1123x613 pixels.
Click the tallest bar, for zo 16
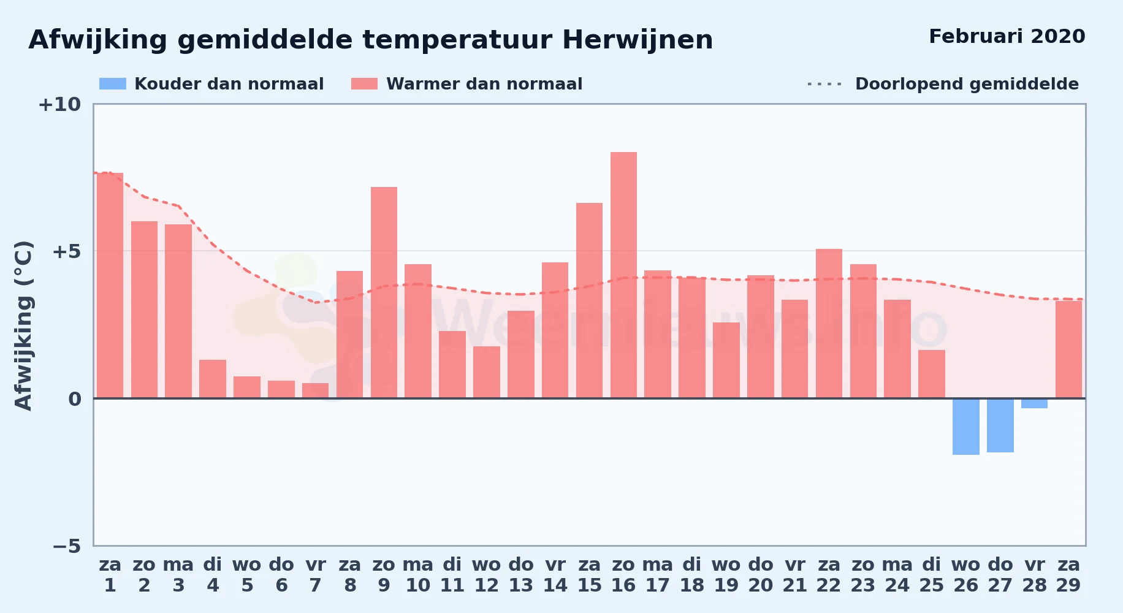(x=623, y=275)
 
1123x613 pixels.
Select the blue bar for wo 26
(x=965, y=427)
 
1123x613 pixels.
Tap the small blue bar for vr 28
(x=1034, y=403)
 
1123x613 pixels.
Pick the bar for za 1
(x=110, y=286)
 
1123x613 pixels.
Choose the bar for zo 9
(x=384, y=292)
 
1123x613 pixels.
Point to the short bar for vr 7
(x=316, y=390)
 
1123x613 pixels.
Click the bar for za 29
(x=1068, y=349)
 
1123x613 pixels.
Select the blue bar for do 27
(x=1000, y=425)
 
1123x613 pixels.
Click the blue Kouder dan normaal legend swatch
(x=113, y=84)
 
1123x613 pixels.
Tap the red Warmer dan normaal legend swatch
(x=364, y=84)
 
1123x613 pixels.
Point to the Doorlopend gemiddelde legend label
(x=967, y=84)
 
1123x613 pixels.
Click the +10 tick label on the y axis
(x=59, y=104)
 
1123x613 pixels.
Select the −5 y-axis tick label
(x=67, y=546)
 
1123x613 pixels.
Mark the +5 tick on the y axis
(x=67, y=251)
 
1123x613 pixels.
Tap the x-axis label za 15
(x=589, y=575)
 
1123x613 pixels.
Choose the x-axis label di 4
(x=213, y=575)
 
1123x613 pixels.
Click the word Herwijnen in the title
(x=638, y=40)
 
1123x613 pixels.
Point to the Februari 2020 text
(x=1007, y=36)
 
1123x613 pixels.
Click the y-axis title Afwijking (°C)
(x=23, y=325)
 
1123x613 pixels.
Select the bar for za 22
(x=829, y=324)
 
